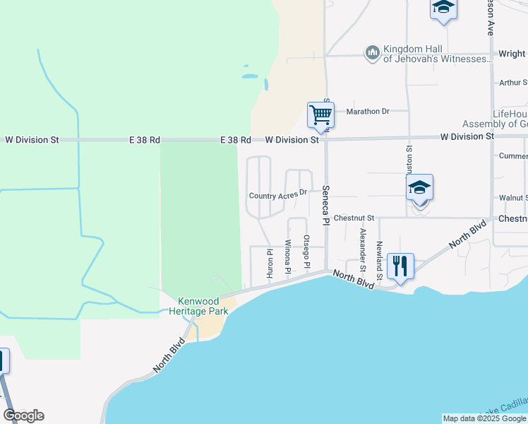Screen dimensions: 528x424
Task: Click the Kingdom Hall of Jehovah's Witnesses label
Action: (437, 54)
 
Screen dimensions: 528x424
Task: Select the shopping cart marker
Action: (320, 114)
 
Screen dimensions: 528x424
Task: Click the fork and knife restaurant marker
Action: (400, 266)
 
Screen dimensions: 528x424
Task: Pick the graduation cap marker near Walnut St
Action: (419, 188)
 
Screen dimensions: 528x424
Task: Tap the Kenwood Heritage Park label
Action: (193, 305)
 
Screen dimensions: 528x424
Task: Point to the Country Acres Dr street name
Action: (279, 194)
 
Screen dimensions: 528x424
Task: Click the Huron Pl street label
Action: (270, 261)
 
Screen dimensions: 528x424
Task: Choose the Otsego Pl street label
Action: (306, 252)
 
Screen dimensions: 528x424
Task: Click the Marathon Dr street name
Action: (367, 111)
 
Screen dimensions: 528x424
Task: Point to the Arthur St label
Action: (512, 83)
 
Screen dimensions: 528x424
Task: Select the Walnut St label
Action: (513, 198)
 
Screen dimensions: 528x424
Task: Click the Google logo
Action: (23, 415)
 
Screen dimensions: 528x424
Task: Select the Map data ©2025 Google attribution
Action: (484, 418)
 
